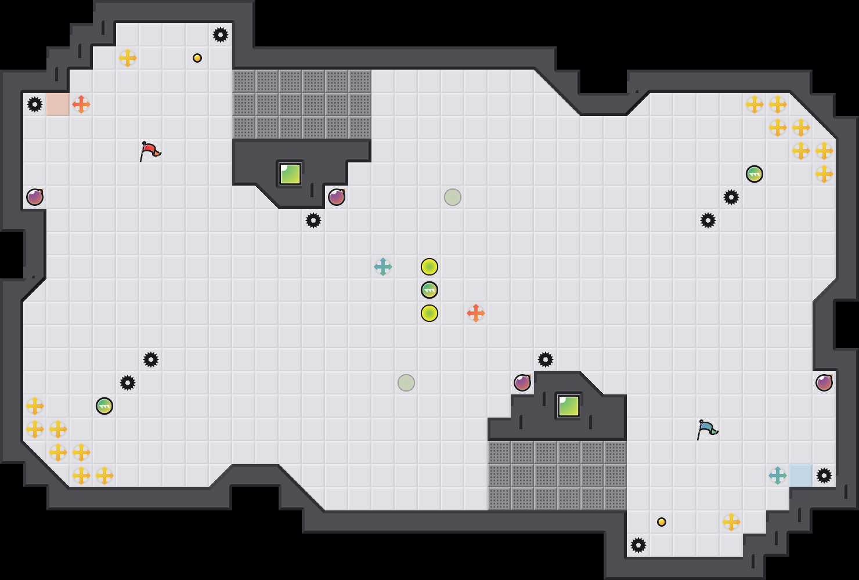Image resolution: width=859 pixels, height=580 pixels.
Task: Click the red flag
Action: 150,151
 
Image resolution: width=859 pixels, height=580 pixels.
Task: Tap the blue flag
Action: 707,429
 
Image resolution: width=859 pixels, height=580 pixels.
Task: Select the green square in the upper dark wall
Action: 290,174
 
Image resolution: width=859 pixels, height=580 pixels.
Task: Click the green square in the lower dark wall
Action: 569,406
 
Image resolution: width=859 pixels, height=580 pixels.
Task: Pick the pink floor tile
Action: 58,104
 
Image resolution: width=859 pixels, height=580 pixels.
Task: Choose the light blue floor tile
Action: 801,476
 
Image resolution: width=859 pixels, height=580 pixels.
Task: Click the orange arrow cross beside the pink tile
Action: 81,104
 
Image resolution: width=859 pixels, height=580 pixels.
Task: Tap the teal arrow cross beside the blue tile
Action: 778,476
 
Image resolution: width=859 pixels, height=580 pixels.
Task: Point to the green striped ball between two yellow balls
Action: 429,290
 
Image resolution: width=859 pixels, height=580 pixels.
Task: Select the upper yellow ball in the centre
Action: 429,267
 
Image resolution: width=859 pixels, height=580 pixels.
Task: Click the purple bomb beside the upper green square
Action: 337,197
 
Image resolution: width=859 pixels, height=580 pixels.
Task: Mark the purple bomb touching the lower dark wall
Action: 522,383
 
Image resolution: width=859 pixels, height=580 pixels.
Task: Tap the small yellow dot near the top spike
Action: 197,58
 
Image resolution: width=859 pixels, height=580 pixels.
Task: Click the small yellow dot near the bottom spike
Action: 662,522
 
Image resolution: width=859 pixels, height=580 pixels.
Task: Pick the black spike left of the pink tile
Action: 35,104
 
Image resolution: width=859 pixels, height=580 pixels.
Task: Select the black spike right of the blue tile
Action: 824,476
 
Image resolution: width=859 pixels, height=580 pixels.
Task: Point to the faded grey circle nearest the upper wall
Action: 453,197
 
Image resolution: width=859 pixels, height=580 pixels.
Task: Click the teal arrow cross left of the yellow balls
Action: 383,267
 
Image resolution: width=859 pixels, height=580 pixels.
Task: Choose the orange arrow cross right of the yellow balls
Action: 476,313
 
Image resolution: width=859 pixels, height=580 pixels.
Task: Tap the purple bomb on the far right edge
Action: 824,383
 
